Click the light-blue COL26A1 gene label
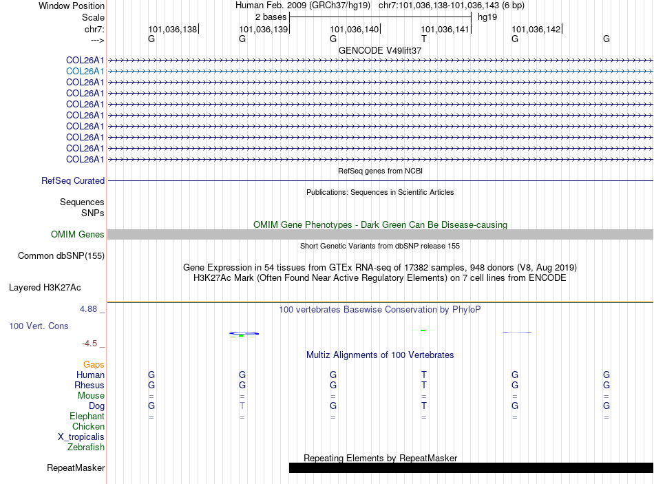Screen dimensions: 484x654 [85, 71]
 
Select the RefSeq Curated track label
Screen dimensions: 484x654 [73, 180]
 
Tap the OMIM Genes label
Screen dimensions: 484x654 [78, 235]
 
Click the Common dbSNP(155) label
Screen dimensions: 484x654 [61, 256]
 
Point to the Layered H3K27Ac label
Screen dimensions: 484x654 [45, 287]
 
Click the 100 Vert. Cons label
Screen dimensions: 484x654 [39, 326]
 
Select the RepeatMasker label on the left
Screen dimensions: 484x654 [76, 468]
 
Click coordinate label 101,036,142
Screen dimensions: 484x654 [536, 30]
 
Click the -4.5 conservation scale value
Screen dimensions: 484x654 [89, 343]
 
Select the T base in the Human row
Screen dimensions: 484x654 [424, 375]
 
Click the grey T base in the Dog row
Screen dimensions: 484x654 [242, 406]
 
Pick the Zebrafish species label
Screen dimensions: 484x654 [86, 448]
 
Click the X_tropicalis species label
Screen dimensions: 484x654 [81, 437]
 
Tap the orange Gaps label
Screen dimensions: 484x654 [94, 364]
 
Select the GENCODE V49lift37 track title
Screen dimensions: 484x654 [380, 50]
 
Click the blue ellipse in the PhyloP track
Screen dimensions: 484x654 [244, 333]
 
